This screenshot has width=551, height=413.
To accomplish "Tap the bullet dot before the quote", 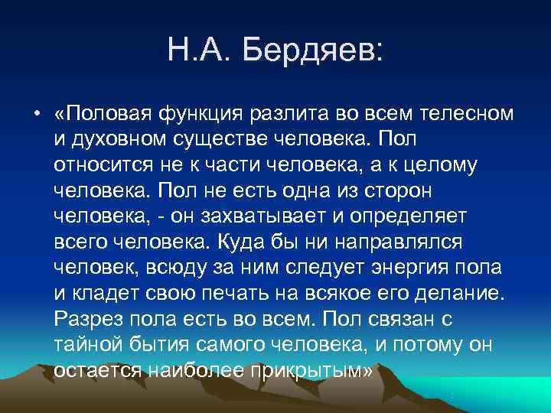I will pos(37,115).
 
